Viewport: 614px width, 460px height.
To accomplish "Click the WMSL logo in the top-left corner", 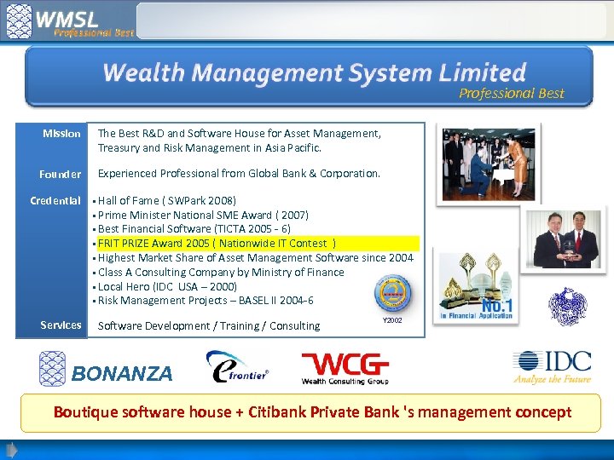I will [x=68, y=21].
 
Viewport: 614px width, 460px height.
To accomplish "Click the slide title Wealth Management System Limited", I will [x=314, y=72].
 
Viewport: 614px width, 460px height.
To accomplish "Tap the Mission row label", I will [x=61, y=134].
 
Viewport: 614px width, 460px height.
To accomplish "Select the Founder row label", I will [x=61, y=174].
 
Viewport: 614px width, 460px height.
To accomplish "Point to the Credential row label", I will [x=55, y=201].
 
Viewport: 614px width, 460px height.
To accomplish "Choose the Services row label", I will [x=61, y=325].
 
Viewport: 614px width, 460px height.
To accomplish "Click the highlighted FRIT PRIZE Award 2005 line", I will [x=217, y=243].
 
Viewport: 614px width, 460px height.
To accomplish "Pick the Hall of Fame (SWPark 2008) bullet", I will [x=167, y=200].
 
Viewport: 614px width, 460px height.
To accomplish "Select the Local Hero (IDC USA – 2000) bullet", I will [x=167, y=286].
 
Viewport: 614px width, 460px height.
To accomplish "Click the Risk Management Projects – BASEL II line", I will [x=206, y=300].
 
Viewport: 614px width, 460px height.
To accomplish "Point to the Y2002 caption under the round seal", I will [x=392, y=320].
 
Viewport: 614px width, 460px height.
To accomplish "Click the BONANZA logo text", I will [x=122, y=373].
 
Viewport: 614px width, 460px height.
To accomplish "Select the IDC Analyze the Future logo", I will [x=552, y=367].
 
